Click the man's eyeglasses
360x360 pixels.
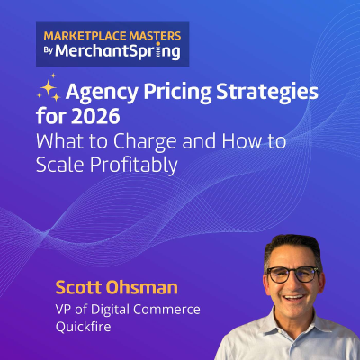pyautogui.click(x=292, y=273)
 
